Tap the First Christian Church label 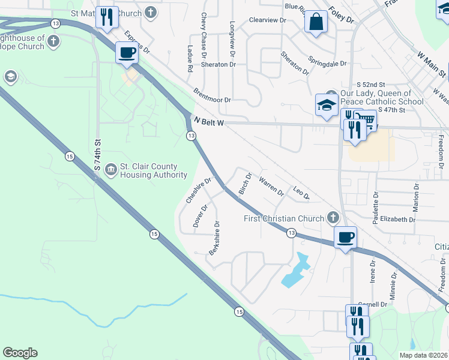284,218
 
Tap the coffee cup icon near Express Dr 127,53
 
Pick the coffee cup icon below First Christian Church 345,237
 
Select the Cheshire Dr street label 199,190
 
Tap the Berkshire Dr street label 213,238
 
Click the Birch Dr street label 245,183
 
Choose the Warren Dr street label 271,185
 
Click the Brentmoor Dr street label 212,95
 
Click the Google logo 20,353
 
